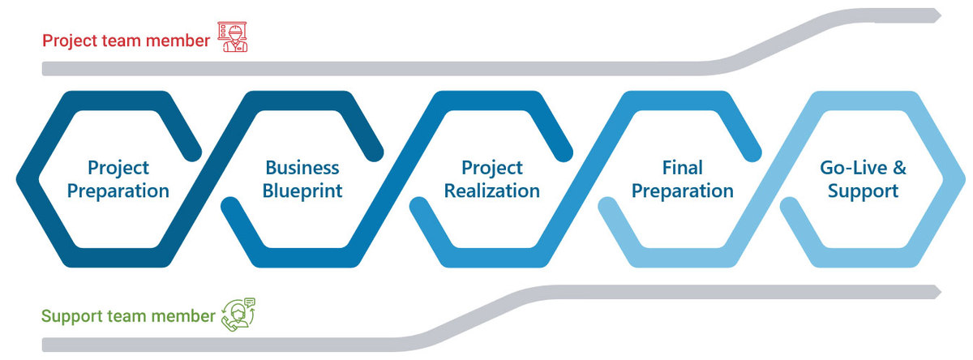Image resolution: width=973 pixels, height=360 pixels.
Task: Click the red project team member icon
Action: tap(233, 37)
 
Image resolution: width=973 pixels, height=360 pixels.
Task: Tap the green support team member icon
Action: tap(238, 315)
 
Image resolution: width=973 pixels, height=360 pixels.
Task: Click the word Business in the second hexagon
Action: tap(302, 168)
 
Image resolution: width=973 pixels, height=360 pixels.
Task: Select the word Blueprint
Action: tap(302, 191)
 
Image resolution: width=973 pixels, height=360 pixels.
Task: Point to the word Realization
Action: tap(491, 191)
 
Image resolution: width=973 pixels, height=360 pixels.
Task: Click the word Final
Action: tap(683, 168)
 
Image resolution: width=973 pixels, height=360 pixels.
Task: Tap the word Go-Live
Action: tap(853, 168)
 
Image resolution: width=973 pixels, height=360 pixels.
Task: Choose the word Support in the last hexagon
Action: tap(863, 191)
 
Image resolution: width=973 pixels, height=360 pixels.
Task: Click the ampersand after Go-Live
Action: tap(899, 168)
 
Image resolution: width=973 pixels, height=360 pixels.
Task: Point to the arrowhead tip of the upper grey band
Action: tap(941, 16)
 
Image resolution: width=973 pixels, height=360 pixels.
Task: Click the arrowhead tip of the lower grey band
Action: tap(941, 292)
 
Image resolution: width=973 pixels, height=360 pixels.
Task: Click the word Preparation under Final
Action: tap(683, 191)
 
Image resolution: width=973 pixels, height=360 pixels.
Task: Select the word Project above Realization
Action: tap(491, 169)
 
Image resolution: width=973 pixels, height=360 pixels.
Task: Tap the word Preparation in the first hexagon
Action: tap(118, 191)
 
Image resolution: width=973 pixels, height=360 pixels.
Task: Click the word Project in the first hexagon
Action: tap(118, 169)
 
